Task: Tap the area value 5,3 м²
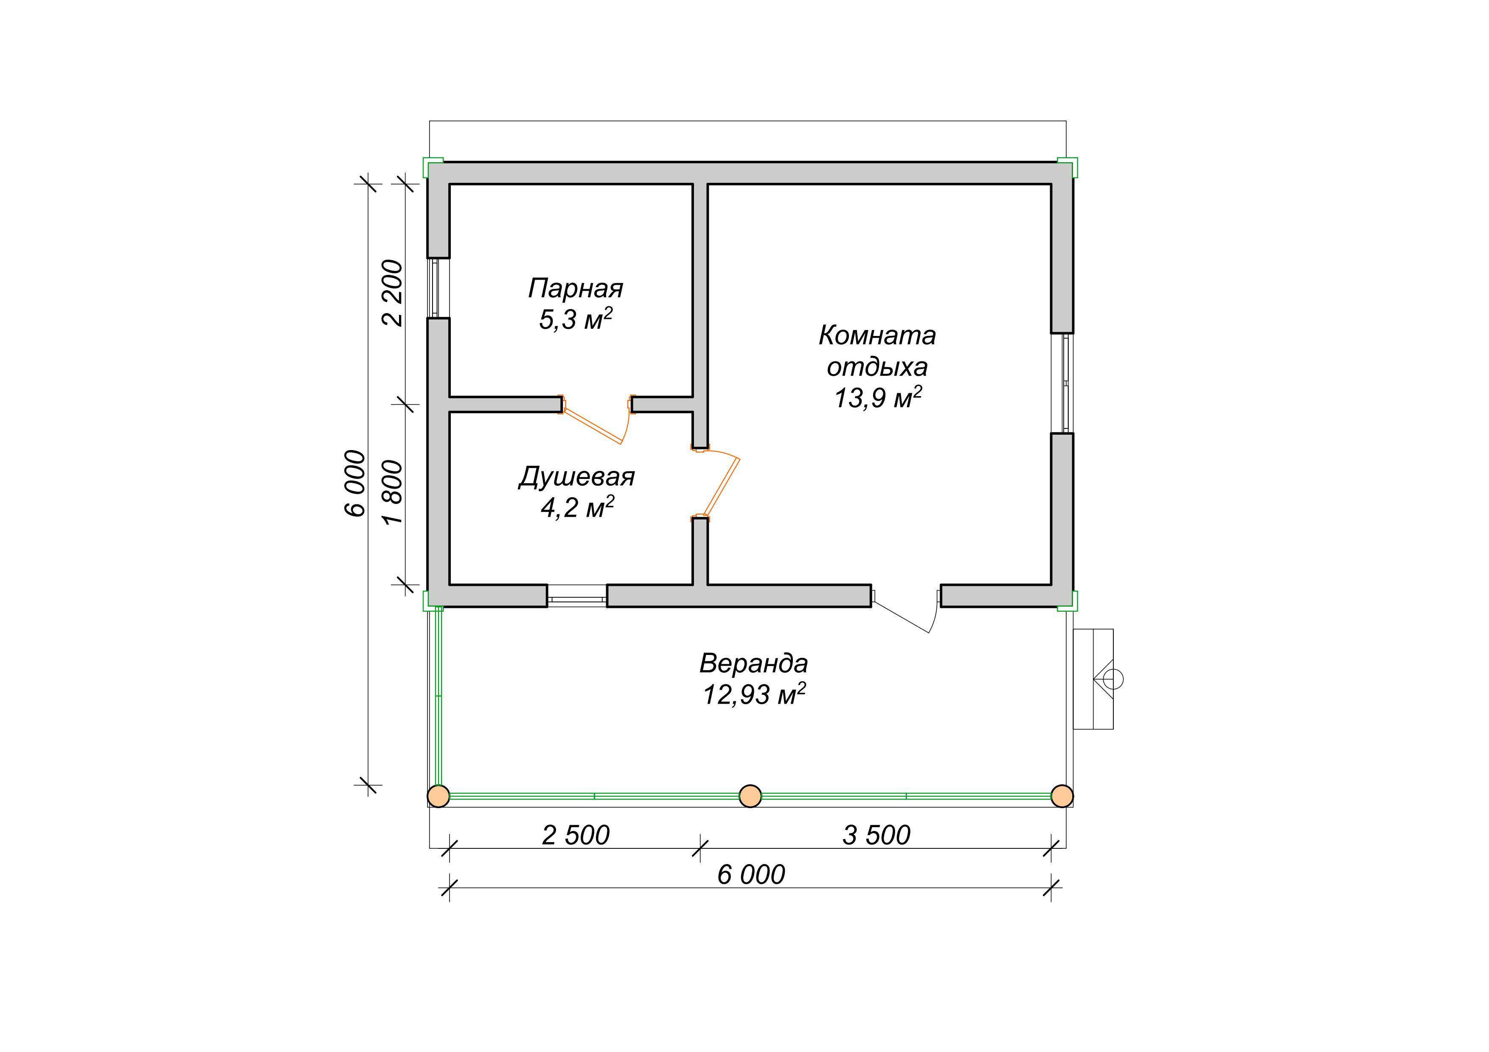click(576, 319)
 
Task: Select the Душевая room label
click(576, 477)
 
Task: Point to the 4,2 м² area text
click(577, 507)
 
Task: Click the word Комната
click(877, 335)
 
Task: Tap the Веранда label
click(753, 663)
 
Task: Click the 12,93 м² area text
click(754, 694)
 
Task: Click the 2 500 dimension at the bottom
click(576, 836)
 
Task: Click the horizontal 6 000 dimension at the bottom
click(751, 875)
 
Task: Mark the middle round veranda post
click(750, 796)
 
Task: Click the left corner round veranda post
click(439, 796)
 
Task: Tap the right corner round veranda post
click(1062, 796)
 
